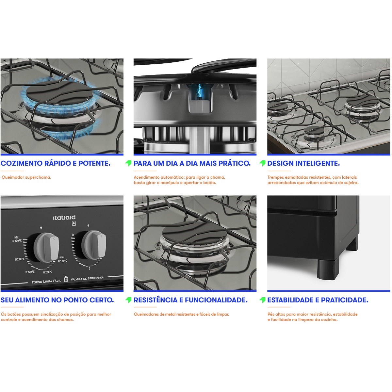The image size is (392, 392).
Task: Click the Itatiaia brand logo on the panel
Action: (64, 218)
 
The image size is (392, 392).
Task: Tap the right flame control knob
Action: (94, 245)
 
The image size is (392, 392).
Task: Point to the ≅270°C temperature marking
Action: (17, 241)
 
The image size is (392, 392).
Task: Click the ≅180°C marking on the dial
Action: (63, 261)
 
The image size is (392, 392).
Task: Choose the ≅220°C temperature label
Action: (30, 272)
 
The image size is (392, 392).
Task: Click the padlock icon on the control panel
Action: (66, 279)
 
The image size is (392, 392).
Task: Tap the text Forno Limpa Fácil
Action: (46, 281)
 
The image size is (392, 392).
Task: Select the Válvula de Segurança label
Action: (87, 278)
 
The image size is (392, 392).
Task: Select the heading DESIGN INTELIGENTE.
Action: (303, 163)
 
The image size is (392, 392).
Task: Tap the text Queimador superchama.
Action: (26, 177)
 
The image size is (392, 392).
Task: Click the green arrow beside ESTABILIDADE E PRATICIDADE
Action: (262, 300)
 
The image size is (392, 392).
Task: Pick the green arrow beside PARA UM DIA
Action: (128, 163)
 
